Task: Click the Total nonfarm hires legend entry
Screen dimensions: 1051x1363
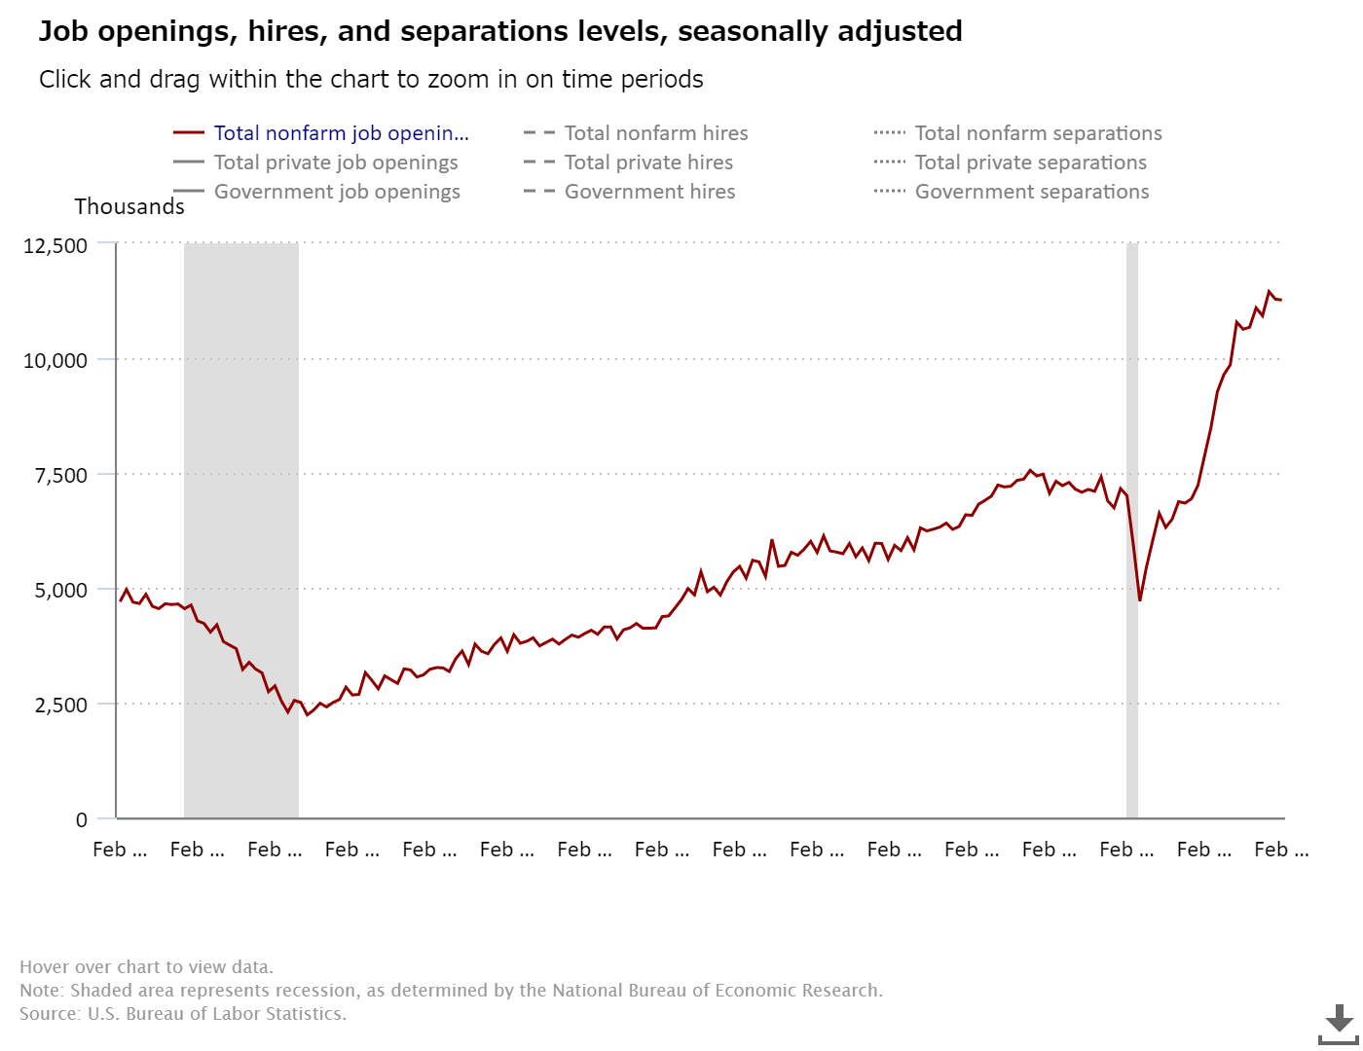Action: (x=655, y=133)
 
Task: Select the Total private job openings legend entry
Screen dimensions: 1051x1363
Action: (x=335, y=163)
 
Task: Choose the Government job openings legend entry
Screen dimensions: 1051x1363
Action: (x=336, y=192)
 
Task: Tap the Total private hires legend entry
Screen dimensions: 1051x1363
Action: (x=647, y=163)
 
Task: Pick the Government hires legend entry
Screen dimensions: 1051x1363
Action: (x=649, y=192)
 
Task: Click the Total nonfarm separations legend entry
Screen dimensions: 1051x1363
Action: (x=1038, y=133)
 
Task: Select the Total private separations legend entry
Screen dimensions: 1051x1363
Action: (x=1030, y=163)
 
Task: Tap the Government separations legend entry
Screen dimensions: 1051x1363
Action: (x=1031, y=192)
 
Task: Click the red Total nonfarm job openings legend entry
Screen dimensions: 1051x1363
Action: (x=341, y=133)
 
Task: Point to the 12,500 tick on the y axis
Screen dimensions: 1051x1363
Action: (x=55, y=245)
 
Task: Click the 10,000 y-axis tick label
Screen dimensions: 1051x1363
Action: (x=55, y=360)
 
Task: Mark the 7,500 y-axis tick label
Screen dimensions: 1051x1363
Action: (x=61, y=475)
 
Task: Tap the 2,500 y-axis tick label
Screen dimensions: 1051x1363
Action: (x=61, y=705)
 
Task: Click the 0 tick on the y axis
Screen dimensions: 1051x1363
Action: (x=82, y=819)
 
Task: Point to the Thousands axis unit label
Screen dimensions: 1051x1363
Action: (x=129, y=206)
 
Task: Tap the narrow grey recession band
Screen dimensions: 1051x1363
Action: (x=1132, y=389)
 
